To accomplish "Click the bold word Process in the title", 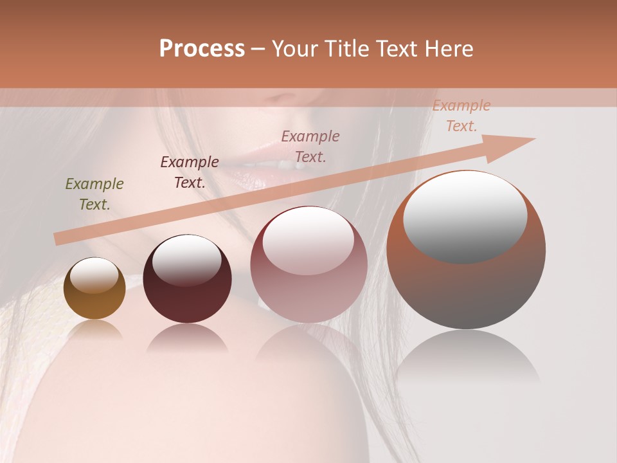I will coord(202,49).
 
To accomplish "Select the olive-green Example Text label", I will coord(94,194).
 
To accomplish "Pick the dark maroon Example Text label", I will coord(190,172).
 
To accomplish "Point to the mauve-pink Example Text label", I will coord(310,147).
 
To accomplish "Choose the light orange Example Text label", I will coord(461,116).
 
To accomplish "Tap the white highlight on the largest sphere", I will coord(465,215).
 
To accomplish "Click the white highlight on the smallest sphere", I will coord(94,275).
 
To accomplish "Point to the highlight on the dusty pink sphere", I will coord(308,239).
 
